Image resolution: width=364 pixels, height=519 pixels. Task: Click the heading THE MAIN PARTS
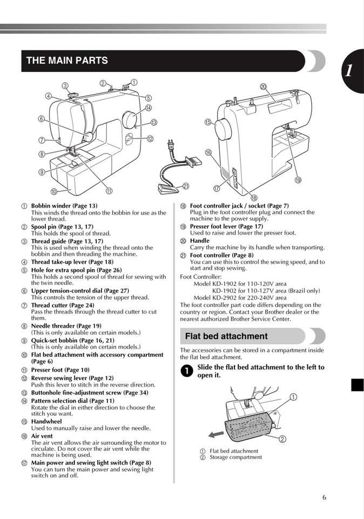(x=67, y=61)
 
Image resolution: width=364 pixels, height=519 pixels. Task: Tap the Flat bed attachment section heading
(x=226, y=336)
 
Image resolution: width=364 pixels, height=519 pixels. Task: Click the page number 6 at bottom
(x=324, y=497)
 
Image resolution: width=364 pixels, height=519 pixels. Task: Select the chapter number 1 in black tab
(x=349, y=71)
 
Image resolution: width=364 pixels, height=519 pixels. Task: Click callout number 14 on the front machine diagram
(x=148, y=108)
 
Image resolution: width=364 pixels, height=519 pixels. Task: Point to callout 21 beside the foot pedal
(x=186, y=185)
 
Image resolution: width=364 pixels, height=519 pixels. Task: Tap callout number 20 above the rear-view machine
(x=263, y=86)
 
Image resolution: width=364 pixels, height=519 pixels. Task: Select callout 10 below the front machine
(x=54, y=191)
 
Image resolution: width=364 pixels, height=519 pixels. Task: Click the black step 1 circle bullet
(x=186, y=371)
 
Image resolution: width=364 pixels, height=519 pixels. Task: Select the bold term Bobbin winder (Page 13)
(x=64, y=206)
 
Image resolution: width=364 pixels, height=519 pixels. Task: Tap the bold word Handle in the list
(x=199, y=241)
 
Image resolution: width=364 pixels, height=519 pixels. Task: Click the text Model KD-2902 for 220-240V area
(x=240, y=297)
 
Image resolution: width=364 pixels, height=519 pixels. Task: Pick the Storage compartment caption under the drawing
(x=235, y=457)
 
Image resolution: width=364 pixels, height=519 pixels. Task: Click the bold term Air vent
(x=42, y=436)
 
